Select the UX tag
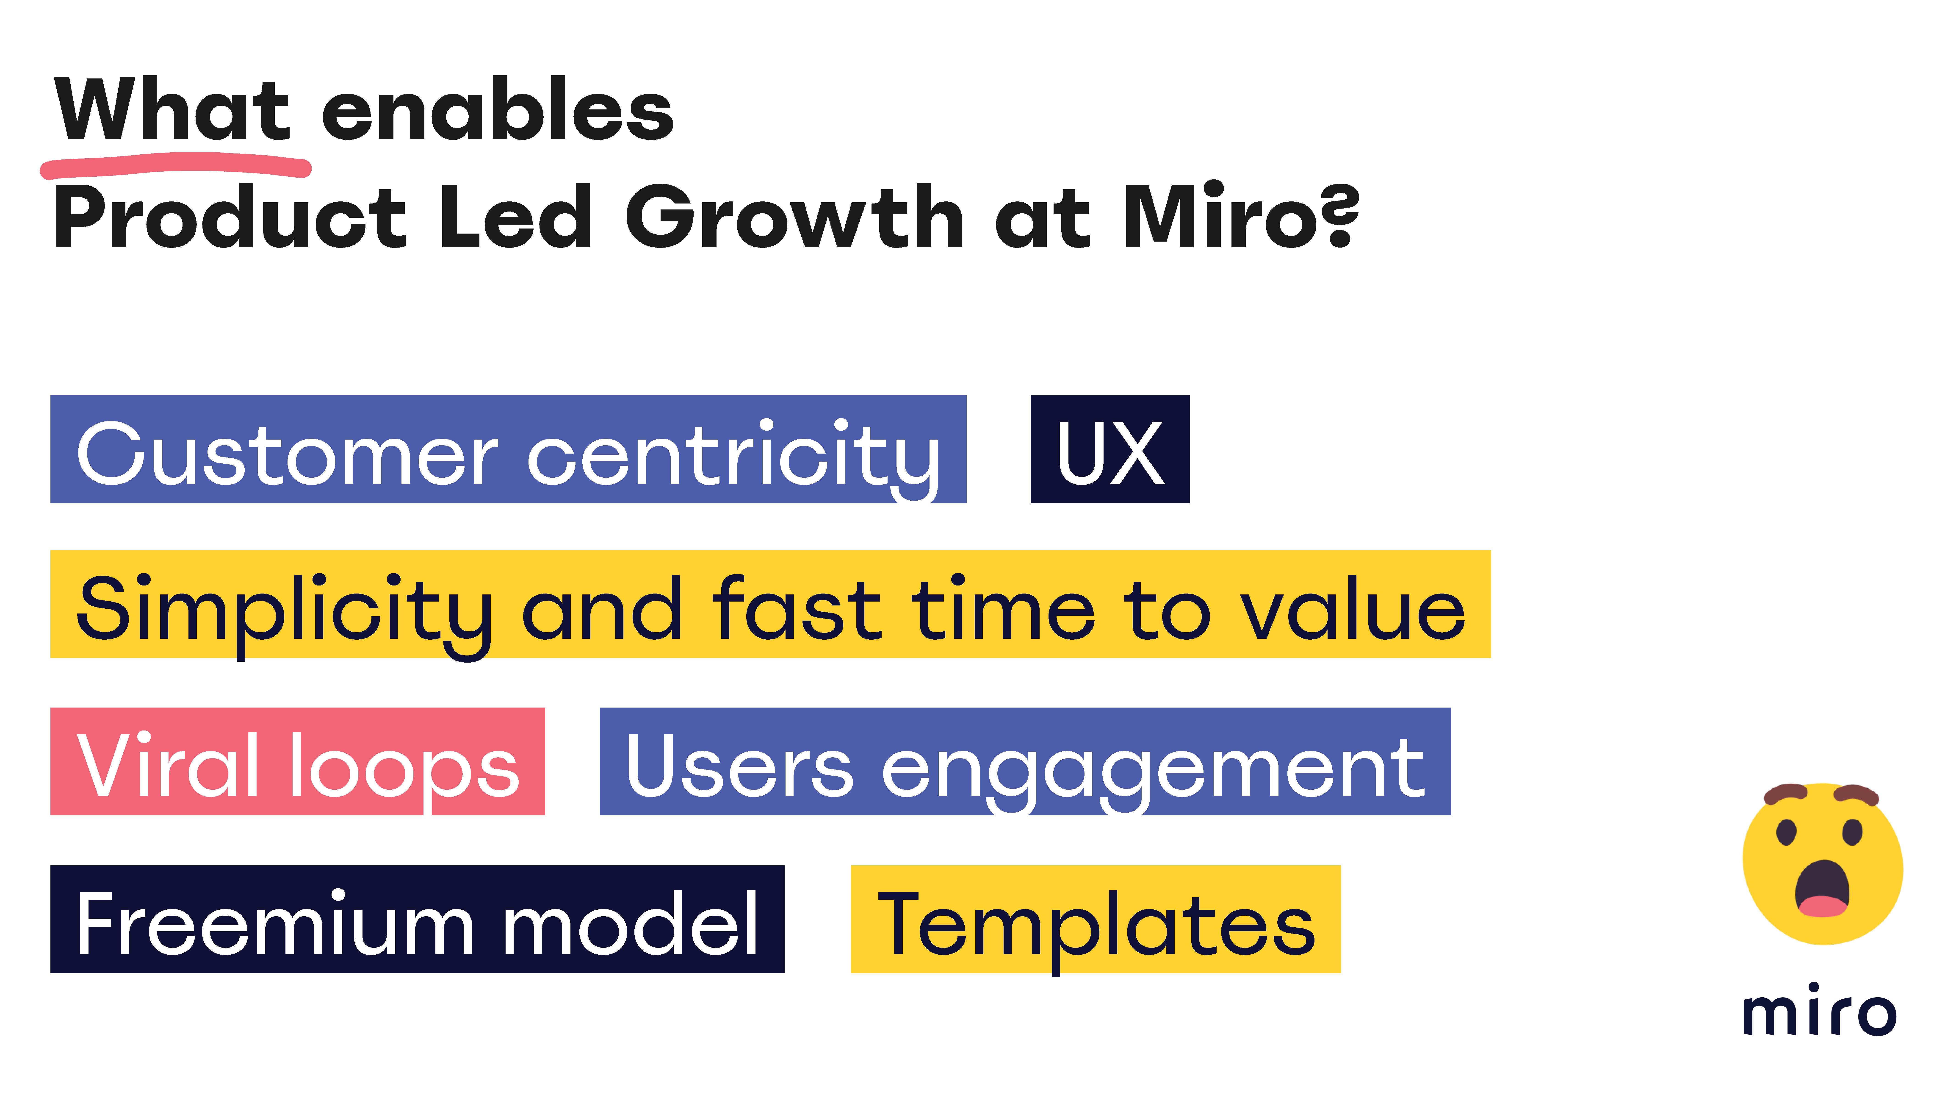tap(1110, 449)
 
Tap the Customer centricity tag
tap(508, 449)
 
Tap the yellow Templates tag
tap(1096, 919)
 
